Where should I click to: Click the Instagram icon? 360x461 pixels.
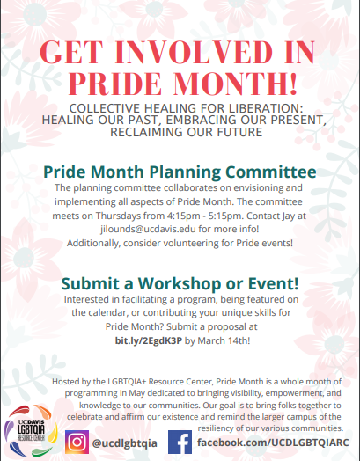77,443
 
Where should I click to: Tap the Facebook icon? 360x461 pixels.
180,443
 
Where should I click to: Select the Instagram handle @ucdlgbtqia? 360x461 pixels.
124,443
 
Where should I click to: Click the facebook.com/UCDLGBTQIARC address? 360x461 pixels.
273,443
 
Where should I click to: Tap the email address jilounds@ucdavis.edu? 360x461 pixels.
148,229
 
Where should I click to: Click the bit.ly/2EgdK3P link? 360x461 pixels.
149,340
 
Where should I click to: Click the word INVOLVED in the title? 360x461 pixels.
194,52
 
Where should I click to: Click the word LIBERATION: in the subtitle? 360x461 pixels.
266,108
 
